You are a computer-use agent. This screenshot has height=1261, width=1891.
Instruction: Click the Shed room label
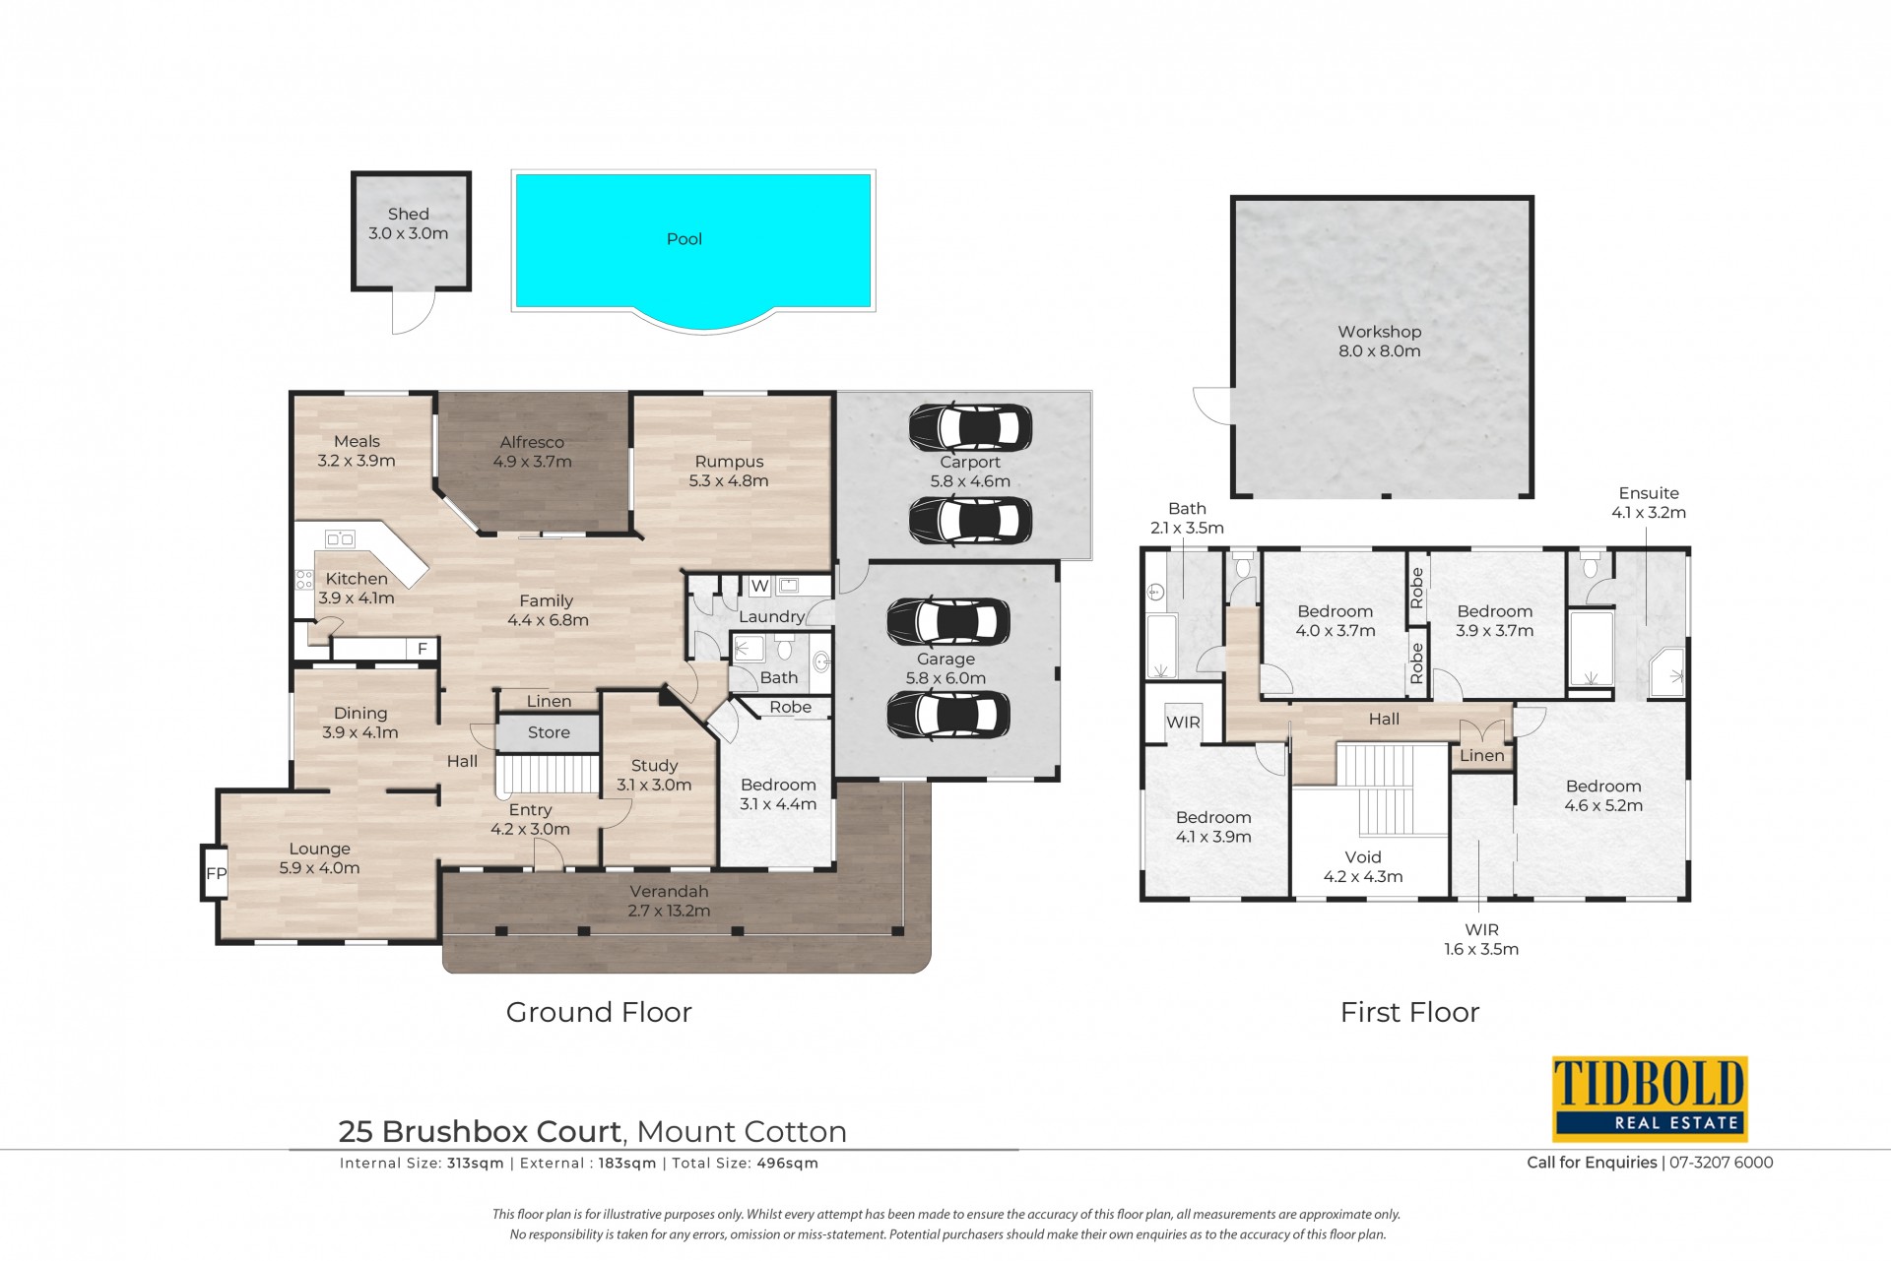[x=408, y=214]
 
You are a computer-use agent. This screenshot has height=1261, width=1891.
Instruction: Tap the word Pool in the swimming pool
[x=685, y=239]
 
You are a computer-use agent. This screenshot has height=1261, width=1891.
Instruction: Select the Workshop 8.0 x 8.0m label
[x=1379, y=342]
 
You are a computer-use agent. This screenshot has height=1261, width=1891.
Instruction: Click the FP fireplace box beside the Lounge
[x=216, y=873]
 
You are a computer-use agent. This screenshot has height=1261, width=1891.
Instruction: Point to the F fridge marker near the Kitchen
[x=423, y=649]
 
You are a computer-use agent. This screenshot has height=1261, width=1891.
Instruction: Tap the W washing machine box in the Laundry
[x=759, y=587]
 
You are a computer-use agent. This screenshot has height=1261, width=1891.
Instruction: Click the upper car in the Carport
[x=970, y=427]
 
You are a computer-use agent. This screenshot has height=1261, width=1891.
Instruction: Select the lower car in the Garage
[x=948, y=715]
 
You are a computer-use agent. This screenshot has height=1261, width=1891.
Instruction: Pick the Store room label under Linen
[x=549, y=732]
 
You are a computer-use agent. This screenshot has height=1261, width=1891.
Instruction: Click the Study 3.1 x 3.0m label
[x=654, y=776]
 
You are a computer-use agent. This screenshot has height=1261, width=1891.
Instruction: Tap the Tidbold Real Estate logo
[x=1650, y=1099]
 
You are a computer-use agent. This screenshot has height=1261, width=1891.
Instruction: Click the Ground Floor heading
[x=599, y=1012]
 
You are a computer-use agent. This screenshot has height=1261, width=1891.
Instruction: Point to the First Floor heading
[x=1409, y=1012]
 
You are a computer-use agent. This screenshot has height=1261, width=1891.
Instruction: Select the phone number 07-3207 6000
[x=1721, y=1163]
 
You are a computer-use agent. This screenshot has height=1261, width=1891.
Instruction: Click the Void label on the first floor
[x=1363, y=857]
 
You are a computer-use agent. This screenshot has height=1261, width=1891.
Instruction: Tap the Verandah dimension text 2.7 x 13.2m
[x=669, y=911]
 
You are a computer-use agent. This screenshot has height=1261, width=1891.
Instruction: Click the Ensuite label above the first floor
[x=1649, y=493]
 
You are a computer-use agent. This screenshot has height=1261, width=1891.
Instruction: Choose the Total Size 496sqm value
[x=787, y=1164]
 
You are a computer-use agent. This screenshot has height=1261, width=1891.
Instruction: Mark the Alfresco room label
[x=532, y=443]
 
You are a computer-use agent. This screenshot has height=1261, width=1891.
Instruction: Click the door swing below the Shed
[x=413, y=312]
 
